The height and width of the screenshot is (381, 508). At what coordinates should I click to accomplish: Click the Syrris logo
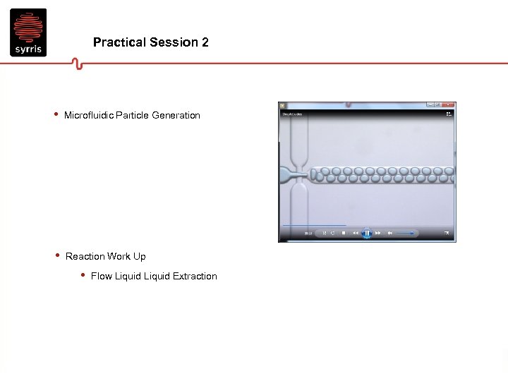28,32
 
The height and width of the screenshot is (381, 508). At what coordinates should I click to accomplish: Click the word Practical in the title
119,42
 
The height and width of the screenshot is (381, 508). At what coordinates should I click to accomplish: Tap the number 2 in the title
205,42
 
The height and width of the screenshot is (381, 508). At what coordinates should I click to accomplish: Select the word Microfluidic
88,115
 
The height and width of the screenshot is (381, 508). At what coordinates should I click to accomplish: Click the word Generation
176,115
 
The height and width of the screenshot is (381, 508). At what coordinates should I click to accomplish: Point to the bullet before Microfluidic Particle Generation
56,114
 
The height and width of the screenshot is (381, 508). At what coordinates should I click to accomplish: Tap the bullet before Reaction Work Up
56,255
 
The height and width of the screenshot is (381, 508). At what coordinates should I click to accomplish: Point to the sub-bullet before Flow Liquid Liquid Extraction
83,275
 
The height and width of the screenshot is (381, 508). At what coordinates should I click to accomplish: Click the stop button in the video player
344,233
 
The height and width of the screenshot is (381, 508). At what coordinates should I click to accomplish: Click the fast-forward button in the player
378,233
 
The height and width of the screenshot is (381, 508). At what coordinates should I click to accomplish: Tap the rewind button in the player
356,233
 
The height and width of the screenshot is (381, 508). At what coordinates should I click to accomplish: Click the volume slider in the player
405,233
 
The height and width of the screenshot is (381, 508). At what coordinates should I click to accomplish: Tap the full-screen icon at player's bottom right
447,233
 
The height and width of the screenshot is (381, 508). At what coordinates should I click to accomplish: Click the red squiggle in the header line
77,64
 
